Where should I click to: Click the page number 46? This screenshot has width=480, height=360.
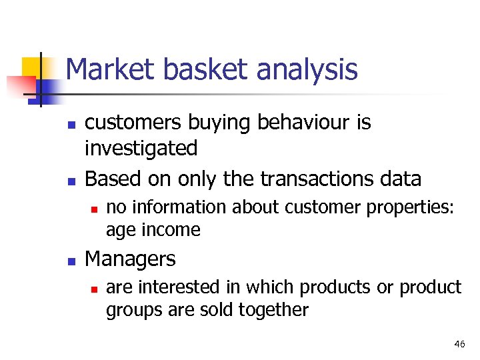tap(459, 344)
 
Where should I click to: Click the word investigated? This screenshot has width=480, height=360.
tap(141, 148)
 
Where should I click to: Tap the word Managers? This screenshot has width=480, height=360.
tap(131, 259)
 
